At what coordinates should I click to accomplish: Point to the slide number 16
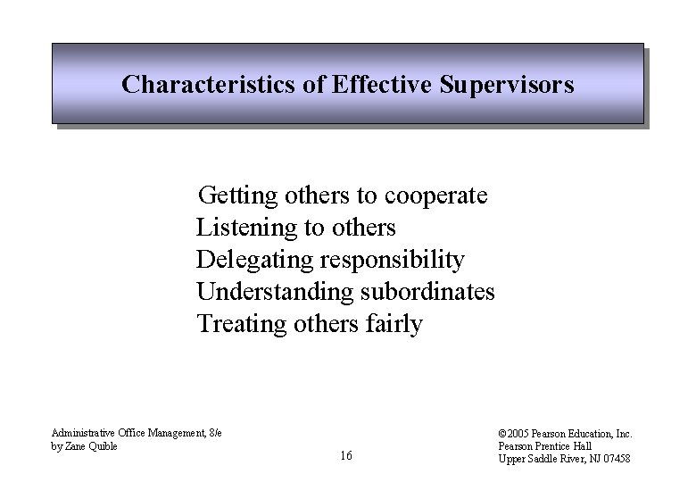346,456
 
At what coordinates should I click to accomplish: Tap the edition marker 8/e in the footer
214,434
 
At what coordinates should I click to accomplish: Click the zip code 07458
616,459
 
